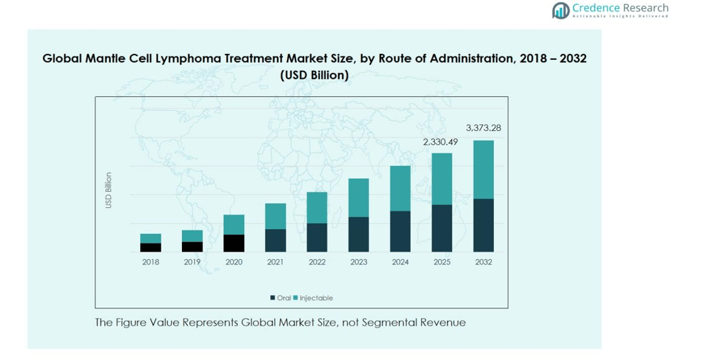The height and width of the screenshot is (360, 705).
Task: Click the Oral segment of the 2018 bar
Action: pyautogui.click(x=151, y=248)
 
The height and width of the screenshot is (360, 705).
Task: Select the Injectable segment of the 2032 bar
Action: pyautogui.click(x=483, y=169)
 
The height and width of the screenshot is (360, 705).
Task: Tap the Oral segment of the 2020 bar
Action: pyautogui.click(x=234, y=243)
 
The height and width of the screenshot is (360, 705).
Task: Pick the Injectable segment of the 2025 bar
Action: pyautogui.click(x=442, y=179)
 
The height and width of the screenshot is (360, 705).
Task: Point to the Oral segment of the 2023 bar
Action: pyautogui.click(x=358, y=234)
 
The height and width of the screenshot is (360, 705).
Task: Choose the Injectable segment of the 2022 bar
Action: pyautogui.click(x=317, y=207)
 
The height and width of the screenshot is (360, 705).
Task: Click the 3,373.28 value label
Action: pyautogui.click(x=483, y=128)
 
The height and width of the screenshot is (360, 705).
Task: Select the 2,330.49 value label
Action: pyautogui.click(x=441, y=141)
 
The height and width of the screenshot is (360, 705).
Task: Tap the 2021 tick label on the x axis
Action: pyautogui.click(x=275, y=262)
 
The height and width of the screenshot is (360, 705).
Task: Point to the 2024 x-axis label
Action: pyautogui.click(x=400, y=262)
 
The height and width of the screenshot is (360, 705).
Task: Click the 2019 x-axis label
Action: pyautogui.click(x=192, y=262)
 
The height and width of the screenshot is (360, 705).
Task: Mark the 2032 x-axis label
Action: pyautogui.click(x=483, y=262)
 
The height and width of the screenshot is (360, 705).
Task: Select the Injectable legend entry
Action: pyautogui.click(x=315, y=298)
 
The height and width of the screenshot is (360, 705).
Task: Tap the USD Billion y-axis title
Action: pyautogui.click(x=108, y=191)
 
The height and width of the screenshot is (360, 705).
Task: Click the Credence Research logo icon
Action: pyautogui.click(x=561, y=10)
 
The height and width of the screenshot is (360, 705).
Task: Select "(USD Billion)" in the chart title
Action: pyautogui.click(x=315, y=75)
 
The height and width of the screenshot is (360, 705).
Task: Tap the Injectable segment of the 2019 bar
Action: pyautogui.click(x=192, y=236)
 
